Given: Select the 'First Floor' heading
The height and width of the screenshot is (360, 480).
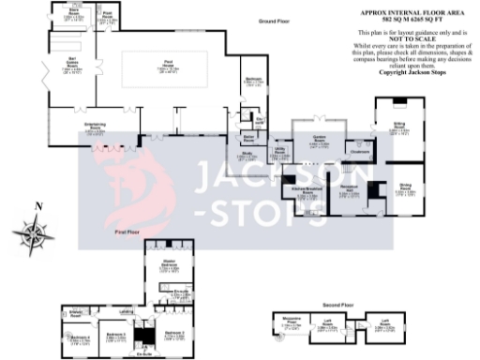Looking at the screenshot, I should coord(127,230).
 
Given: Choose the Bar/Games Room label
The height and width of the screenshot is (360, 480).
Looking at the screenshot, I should coord(71,67).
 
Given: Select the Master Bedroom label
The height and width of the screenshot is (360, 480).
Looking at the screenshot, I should coord(170,265).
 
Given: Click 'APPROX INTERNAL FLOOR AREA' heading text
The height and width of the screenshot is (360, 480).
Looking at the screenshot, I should coord(405,14).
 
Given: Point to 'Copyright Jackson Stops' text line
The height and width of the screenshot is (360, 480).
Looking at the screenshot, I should coord(404,71).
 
